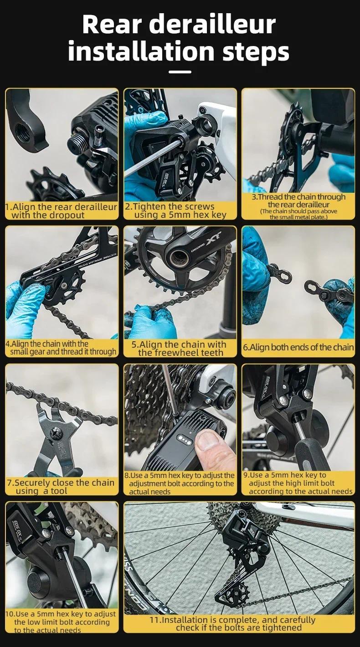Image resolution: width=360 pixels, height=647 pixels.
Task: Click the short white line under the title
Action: coord(180,72)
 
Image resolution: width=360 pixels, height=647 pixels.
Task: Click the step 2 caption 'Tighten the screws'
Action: coord(170,206)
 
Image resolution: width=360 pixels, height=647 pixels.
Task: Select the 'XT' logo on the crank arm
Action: coord(213,238)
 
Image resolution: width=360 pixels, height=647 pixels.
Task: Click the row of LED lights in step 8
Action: coord(185,440)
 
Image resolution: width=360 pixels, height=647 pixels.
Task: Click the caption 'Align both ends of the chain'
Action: coord(298,347)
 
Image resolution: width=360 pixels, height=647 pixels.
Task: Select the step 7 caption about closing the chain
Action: coord(61,487)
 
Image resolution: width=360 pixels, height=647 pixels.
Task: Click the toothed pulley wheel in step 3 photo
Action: coord(291,127)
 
